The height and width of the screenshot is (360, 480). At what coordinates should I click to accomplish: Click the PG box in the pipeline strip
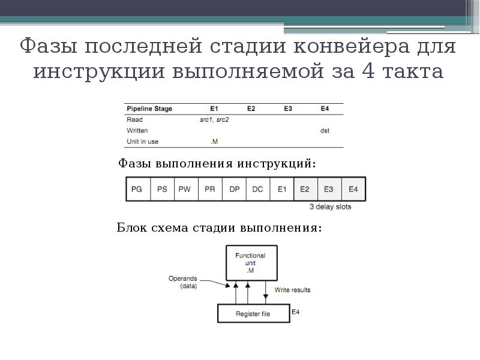[137, 189]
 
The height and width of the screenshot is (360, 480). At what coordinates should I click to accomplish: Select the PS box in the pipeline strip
[162, 189]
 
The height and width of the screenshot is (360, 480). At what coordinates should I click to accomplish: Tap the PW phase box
[185, 189]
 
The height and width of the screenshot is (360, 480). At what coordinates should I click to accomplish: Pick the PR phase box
[209, 189]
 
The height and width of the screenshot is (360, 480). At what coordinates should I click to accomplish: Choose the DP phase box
[234, 189]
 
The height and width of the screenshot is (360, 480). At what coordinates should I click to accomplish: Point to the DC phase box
[257, 189]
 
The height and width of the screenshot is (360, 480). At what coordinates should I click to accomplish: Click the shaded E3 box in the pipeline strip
[329, 189]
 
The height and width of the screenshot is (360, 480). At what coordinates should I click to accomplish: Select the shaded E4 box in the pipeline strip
[353, 189]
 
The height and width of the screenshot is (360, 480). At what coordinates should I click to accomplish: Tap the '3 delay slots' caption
[330, 207]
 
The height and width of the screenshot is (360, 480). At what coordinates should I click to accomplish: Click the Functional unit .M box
[251, 262]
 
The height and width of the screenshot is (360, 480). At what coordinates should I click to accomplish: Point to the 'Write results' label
[292, 290]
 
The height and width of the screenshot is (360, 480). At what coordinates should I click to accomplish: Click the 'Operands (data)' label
[182, 283]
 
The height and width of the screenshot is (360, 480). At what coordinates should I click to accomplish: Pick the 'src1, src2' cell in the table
[214, 119]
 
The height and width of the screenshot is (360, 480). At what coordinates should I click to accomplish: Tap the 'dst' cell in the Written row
[325, 130]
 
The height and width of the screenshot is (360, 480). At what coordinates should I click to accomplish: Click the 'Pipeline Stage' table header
[149, 109]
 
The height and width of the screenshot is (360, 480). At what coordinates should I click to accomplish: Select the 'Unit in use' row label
[143, 142]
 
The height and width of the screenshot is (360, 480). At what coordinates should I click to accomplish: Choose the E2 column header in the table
[251, 109]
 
